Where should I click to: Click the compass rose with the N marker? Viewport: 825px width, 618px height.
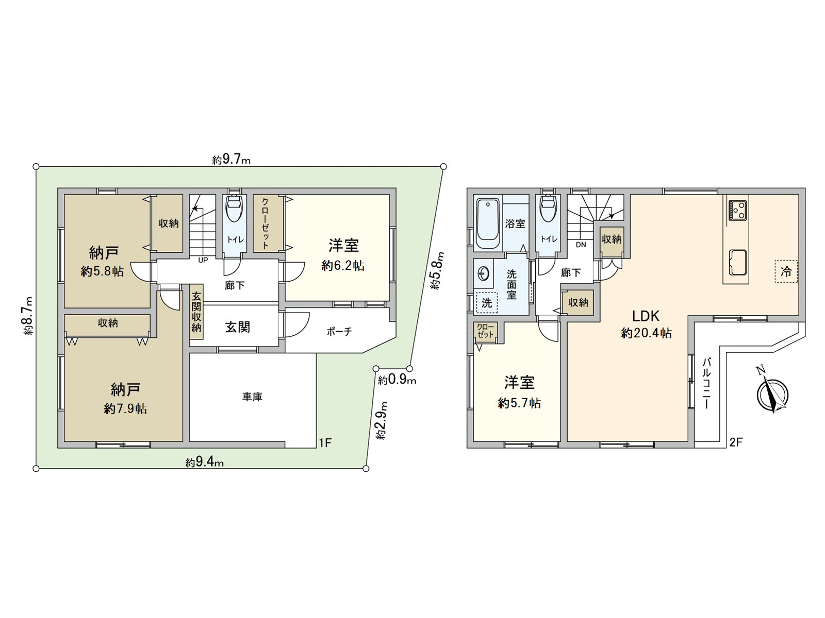click(x=772, y=395)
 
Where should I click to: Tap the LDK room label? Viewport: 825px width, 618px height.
click(x=646, y=316)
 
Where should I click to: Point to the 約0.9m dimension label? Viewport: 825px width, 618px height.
click(x=397, y=381)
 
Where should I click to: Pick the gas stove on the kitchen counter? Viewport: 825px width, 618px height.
click(x=737, y=210)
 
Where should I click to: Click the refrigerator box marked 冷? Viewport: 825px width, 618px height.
click(x=786, y=271)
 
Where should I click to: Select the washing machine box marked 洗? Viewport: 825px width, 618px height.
click(x=487, y=303)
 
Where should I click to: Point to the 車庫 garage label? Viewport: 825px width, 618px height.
click(x=252, y=397)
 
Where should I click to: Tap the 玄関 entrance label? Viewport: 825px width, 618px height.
click(x=238, y=327)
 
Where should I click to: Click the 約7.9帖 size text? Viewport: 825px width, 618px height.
click(x=125, y=409)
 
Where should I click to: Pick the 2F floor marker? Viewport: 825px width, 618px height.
click(x=736, y=442)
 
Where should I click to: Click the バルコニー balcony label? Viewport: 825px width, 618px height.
click(x=706, y=384)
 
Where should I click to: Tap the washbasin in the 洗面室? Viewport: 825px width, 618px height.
click(x=484, y=272)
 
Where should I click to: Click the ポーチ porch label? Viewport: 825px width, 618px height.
click(x=339, y=332)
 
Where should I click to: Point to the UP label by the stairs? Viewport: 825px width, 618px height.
click(x=203, y=260)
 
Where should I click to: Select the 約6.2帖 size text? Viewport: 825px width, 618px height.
click(x=343, y=266)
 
